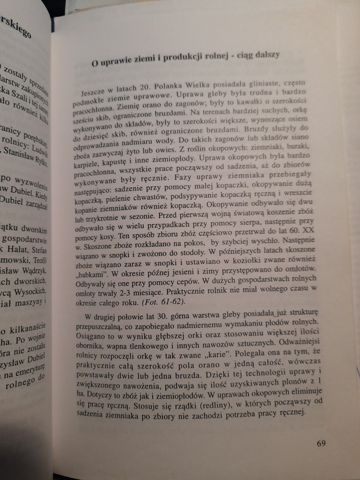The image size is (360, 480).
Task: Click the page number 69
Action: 321,443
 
